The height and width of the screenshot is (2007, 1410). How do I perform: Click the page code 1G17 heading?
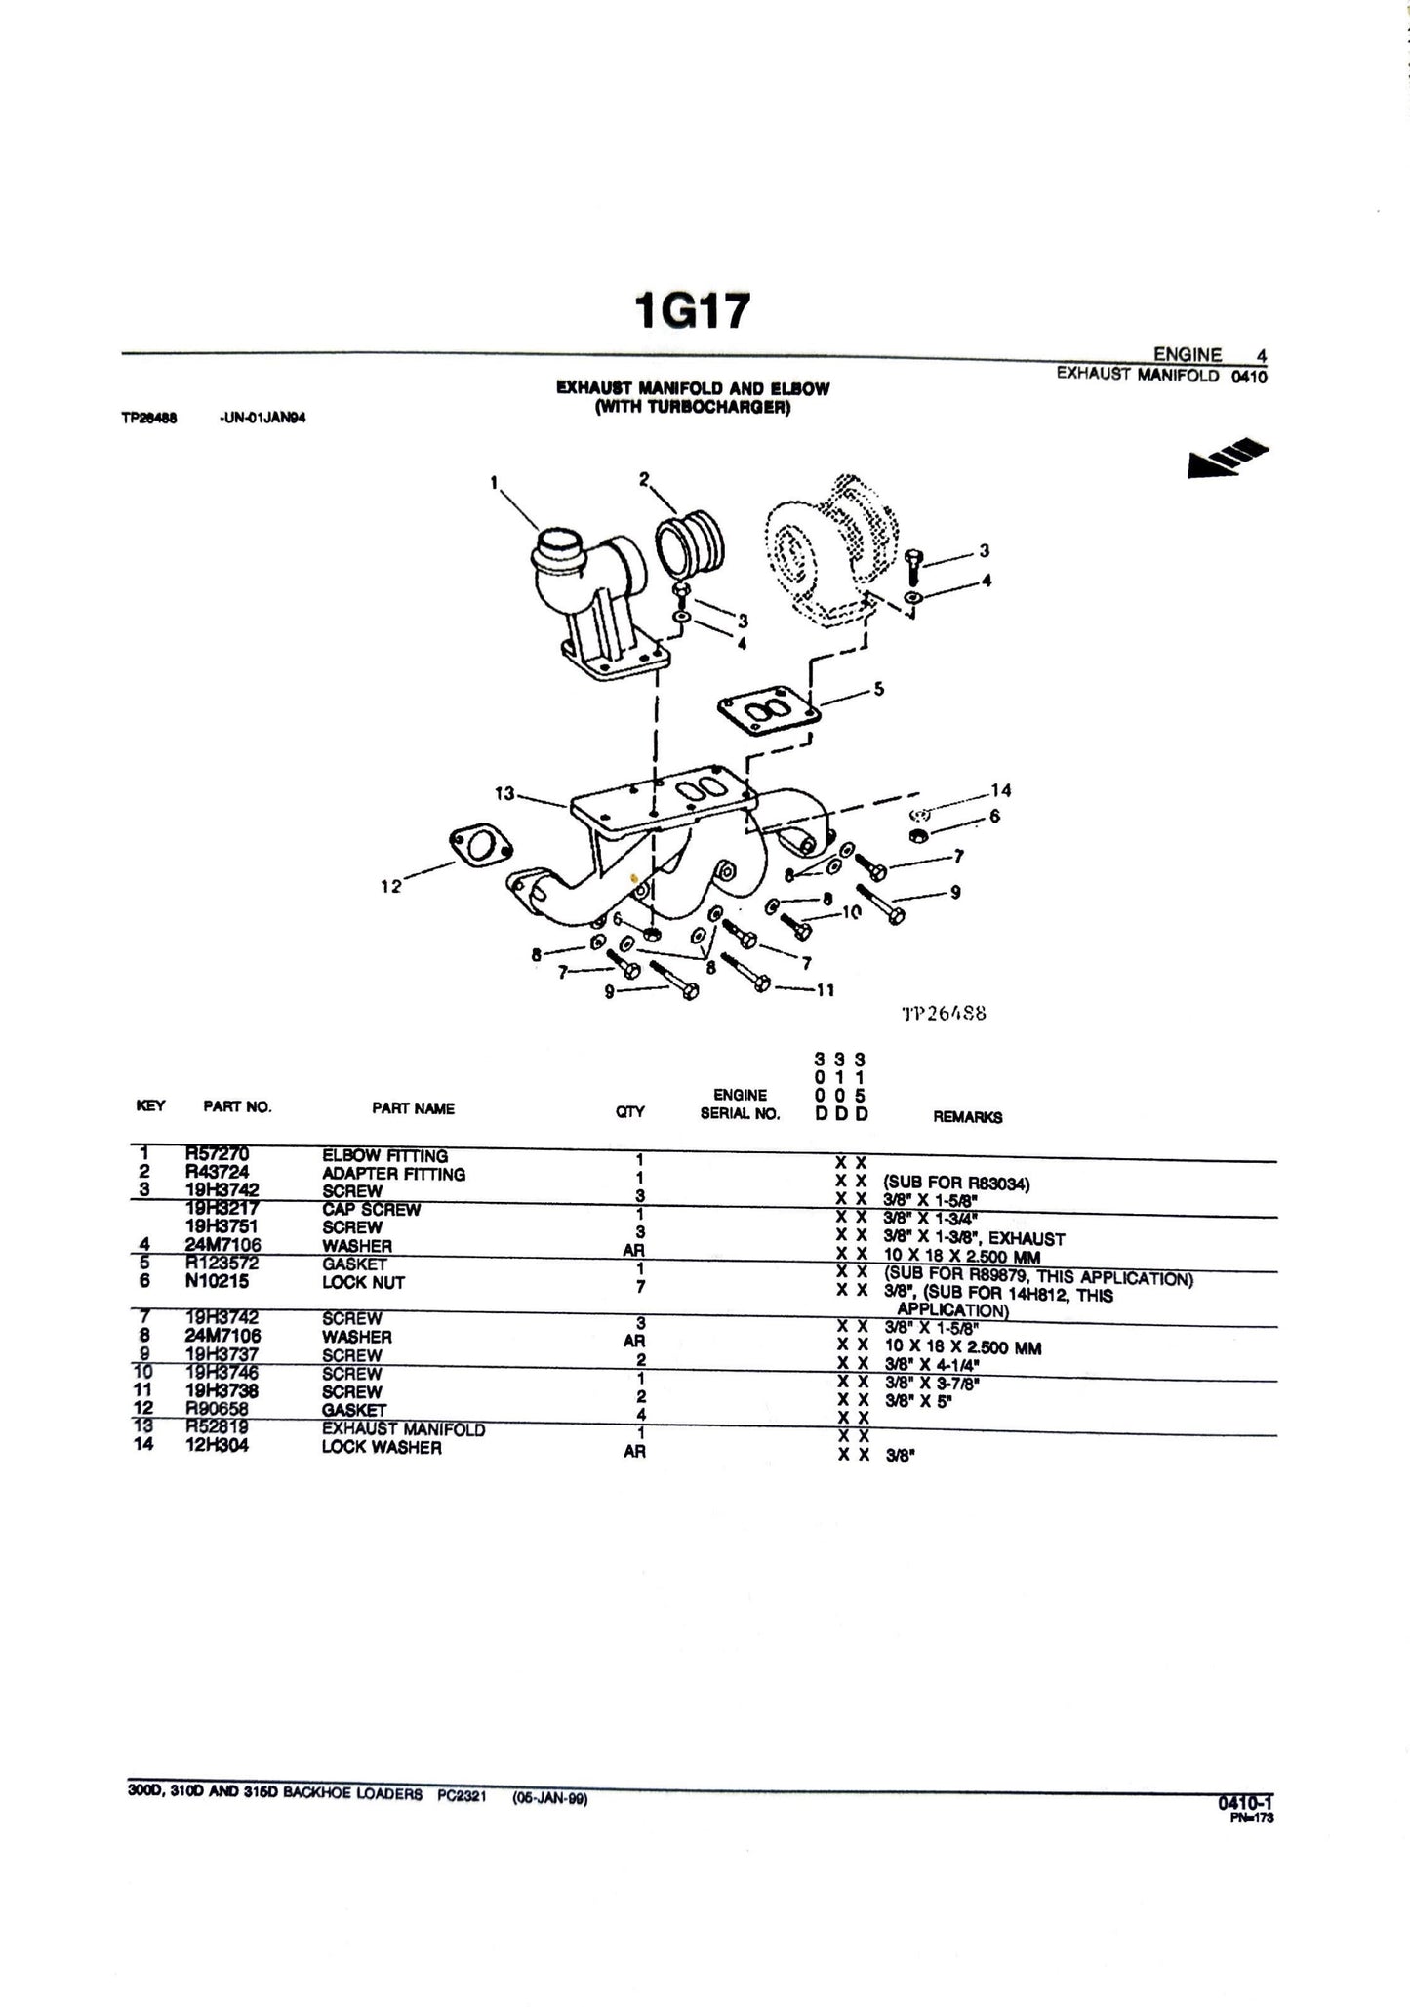click(x=692, y=311)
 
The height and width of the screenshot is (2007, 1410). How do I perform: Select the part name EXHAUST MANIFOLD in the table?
click(x=403, y=1429)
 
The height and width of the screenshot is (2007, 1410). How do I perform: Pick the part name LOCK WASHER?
click(x=382, y=1448)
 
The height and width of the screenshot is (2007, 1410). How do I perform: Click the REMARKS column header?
click(x=967, y=1117)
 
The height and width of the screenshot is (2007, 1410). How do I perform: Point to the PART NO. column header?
click(x=237, y=1106)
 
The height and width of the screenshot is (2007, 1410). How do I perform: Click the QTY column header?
click(x=630, y=1111)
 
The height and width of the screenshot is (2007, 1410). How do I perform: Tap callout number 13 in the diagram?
click(x=504, y=793)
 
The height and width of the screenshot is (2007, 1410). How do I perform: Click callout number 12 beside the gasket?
click(x=390, y=886)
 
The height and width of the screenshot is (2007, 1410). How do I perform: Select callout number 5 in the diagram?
click(x=878, y=689)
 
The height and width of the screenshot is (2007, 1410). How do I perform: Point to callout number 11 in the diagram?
click(x=825, y=989)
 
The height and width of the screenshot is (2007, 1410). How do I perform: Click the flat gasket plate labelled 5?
click(x=764, y=717)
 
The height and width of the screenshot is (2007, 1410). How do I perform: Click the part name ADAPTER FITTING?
click(x=393, y=1174)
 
